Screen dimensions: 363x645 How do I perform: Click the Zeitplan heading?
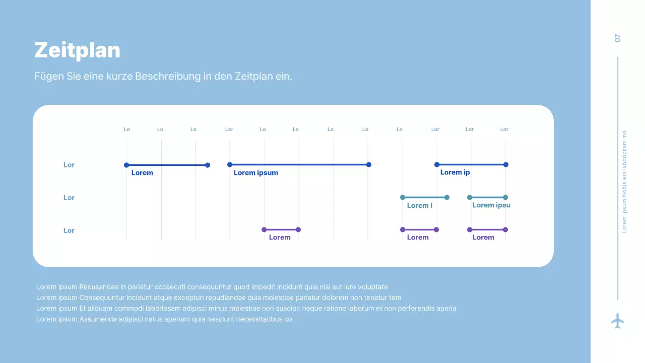[77, 50]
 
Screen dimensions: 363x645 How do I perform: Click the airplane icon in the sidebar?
[617, 321]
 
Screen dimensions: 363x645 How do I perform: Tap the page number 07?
[618, 38]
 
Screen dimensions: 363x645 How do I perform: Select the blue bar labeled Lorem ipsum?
[299, 164]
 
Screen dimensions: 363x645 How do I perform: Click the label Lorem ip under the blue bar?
[455, 172]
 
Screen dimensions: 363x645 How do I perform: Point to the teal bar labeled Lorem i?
[424, 197]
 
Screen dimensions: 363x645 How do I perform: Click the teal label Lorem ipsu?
[491, 205]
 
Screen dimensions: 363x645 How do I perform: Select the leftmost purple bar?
[281, 230]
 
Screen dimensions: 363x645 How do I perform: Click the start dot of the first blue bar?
[126, 165]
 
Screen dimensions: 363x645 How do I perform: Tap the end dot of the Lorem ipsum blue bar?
[369, 164]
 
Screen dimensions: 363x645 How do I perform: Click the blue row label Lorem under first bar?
[142, 173]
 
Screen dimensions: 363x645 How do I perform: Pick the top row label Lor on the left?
[69, 165]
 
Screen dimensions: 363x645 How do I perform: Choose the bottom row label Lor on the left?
[69, 230]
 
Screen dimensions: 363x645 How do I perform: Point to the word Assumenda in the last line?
[96, 319]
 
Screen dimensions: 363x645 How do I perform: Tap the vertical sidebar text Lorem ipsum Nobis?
[624, 181]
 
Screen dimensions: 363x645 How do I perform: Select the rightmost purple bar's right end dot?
[505, 230]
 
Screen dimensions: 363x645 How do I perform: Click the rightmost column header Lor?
[504, 130]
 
